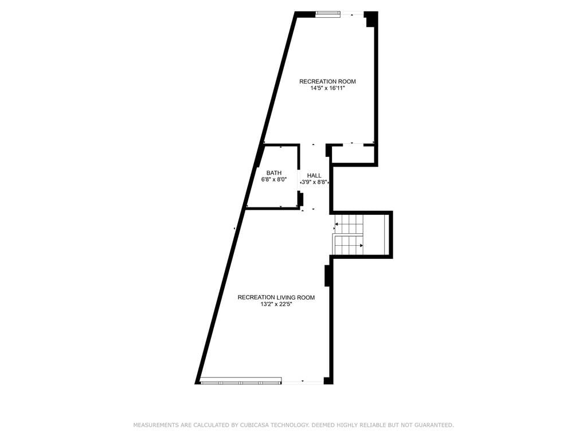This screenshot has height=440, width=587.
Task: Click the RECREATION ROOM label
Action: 327,81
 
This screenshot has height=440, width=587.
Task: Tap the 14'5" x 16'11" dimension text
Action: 327,89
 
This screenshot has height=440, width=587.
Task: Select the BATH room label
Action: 273,173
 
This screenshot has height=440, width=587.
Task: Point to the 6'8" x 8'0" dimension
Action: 273,179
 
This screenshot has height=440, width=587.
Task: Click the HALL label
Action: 314,175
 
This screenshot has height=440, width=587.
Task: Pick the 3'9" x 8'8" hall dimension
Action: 315,183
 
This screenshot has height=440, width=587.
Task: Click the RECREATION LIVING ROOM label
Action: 276,297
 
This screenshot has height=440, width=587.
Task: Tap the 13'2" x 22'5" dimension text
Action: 276,305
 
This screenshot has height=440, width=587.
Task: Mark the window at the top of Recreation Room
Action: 328,14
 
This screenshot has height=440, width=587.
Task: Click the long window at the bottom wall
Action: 241,382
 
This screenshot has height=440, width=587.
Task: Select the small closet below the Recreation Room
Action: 353,154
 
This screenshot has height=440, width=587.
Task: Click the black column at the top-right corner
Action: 371,19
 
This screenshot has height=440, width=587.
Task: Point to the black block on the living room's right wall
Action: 327,276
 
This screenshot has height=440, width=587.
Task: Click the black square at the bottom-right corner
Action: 328,380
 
